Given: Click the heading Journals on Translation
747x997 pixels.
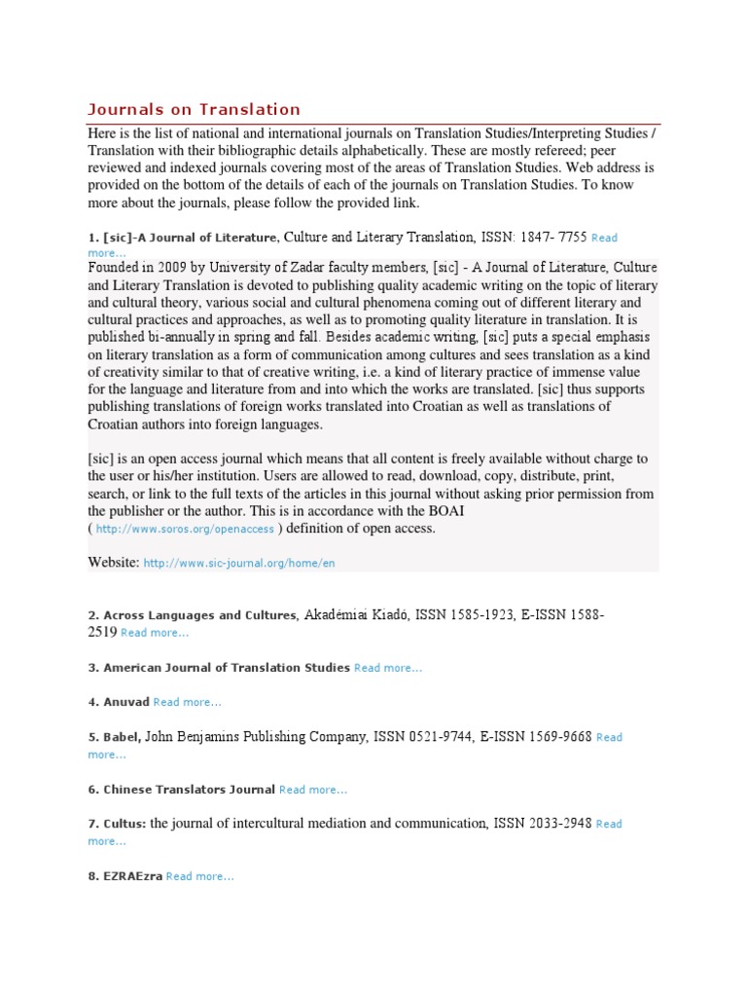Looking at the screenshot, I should (195, 109).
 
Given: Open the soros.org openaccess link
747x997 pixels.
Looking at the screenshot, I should (185, 530).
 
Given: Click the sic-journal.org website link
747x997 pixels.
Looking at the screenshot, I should (239, 564).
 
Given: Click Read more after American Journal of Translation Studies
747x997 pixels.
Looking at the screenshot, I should (388, 668).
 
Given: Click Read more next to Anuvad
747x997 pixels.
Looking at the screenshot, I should (187, 703).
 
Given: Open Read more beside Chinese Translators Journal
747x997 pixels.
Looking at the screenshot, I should (313, 790).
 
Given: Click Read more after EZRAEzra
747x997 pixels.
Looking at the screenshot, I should (200, 876).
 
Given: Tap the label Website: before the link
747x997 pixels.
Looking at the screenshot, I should (114, 563).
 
